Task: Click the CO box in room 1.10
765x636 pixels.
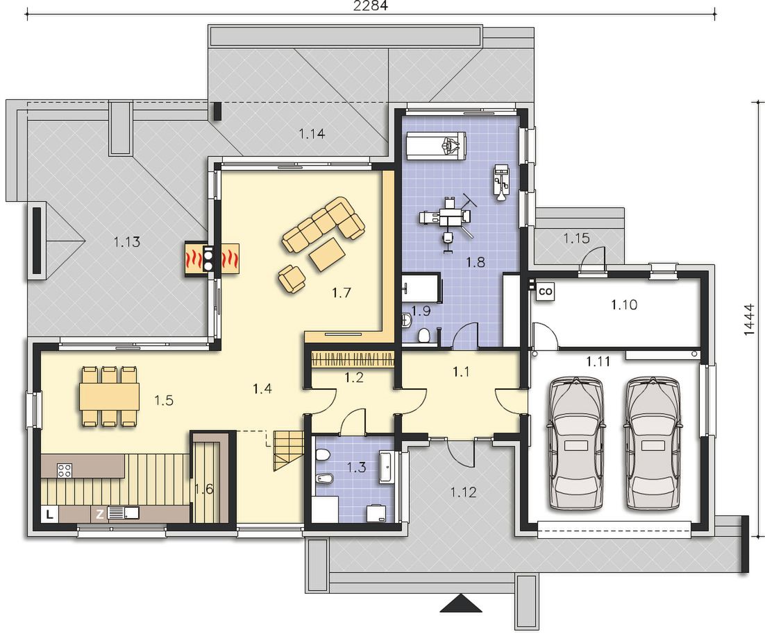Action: (x=546, y=291)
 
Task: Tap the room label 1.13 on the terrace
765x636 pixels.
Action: (x=127, y=241)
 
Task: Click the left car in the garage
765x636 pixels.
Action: (x=576, y=443)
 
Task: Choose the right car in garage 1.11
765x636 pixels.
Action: (x=653, y=443)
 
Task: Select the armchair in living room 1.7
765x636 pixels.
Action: (x=292, y=279)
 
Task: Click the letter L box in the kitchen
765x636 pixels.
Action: (x=49, y=514)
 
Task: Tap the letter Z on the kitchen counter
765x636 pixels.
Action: (x=99, y=514)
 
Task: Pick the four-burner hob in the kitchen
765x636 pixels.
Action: (x=65, y=470)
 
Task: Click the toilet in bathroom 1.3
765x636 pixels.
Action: (x=322, y=456)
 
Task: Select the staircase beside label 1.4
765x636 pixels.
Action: (x=287, y=451)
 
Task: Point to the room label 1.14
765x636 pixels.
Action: (x=312, y=133)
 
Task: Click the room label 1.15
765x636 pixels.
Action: (x=576, y=239)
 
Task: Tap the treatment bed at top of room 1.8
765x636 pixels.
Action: (x=436, y=145)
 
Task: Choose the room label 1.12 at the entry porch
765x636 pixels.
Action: (x=462, y=492)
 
